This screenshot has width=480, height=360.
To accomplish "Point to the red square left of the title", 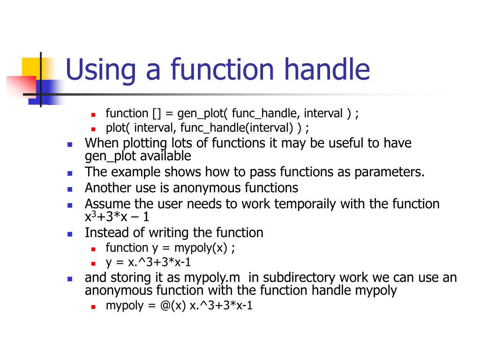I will [x=21, y=86].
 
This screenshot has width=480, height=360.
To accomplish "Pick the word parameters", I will [x=389, y=172].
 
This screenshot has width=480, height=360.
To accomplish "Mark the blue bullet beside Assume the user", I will [x=70, y=205].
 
